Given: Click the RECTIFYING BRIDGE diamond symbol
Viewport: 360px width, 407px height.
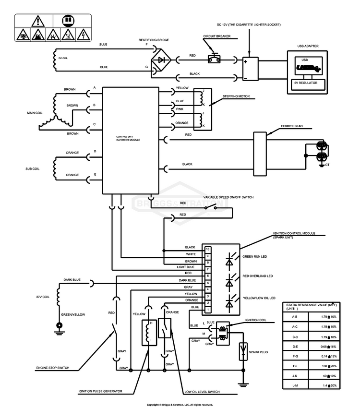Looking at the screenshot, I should pos(162,60).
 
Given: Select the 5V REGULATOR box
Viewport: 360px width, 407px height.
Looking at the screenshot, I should pos(309,83).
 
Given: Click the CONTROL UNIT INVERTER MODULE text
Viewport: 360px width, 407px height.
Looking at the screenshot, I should pos(129,138).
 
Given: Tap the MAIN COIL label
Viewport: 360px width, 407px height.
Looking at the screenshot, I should pos(36,113).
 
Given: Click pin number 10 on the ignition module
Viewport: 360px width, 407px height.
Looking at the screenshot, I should pos(208,250).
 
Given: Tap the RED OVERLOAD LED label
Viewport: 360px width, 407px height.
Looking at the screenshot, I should pos(258,276).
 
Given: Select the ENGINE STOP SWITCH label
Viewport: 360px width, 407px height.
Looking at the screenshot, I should pos(53,368).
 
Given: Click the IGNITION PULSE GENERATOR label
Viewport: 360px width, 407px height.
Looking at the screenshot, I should pos(100,391).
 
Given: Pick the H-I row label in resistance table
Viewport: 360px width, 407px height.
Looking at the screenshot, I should pos(295,366).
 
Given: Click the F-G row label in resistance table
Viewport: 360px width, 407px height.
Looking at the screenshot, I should pos(295,356).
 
